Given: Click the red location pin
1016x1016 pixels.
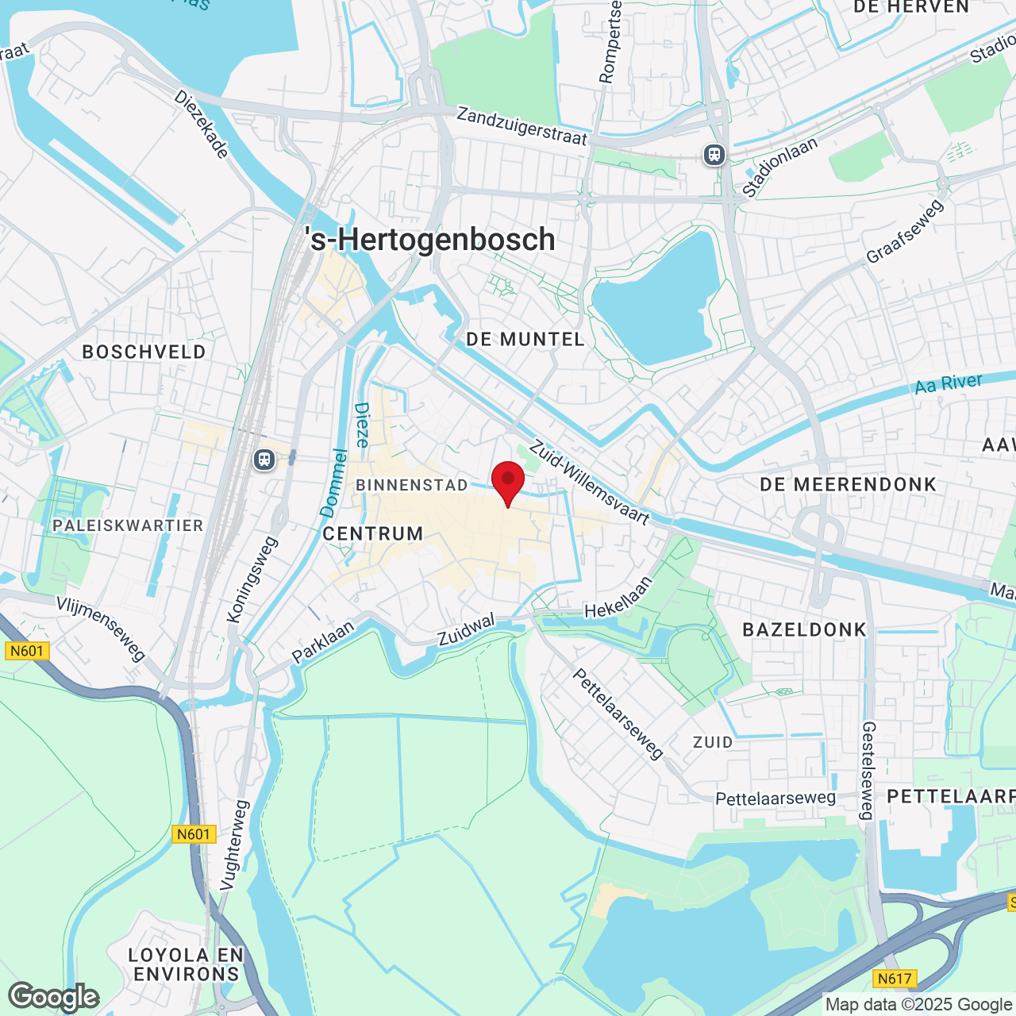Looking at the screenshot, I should coord(508,481).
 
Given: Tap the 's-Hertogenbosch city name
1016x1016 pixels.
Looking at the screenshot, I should coord(430,240).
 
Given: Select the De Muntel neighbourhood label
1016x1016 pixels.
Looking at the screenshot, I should coord(525,340).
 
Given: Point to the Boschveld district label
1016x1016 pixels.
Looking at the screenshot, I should coord(144,352).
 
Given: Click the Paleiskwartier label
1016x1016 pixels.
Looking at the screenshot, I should coord(129,525).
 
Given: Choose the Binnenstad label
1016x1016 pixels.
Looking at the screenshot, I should coord(412,485).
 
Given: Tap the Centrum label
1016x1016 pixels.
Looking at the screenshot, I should coord(373,534).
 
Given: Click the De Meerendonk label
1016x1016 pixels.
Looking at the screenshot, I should coord(849,484).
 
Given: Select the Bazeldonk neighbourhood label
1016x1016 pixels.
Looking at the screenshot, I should coord(805,630).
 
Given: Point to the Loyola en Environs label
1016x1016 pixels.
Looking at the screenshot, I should coord(186,964).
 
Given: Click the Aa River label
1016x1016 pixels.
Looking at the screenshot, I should coord(949,384).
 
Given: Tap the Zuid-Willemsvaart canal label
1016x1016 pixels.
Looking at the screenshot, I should coord(590,483).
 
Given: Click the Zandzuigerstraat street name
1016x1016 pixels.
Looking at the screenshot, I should coord(521,127).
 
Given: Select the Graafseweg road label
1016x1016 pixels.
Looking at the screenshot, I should coord(905,231).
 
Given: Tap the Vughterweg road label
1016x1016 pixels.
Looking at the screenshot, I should coord(234,845).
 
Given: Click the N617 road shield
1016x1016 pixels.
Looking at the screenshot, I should coord(895,979).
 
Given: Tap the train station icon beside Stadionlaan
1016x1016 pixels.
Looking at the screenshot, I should coord(714,154).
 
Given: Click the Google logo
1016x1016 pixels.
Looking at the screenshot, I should coord(54,997).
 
